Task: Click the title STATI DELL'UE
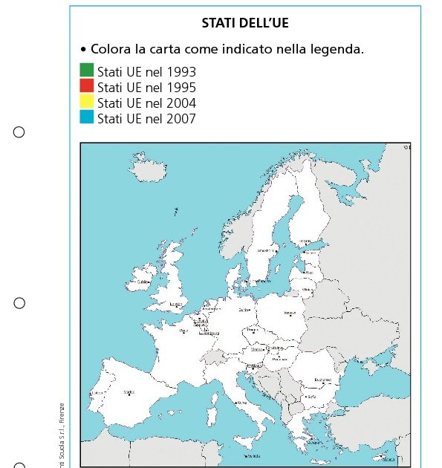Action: [x=245, y=23]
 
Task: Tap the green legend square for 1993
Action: [x=87, y=70]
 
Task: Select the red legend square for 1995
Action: [x=87, y=85]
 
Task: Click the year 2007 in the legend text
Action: [x=181, y=118]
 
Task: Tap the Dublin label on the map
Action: [x=144, y=282]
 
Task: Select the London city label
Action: [x=176, y=304]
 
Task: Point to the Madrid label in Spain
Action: [x=129, y=391]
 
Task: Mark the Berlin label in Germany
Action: [x=243, y=309]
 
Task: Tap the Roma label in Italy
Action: [x=240, y=402]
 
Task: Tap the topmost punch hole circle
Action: [x=19, y=132]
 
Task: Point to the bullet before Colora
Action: [x=83, y=50]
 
